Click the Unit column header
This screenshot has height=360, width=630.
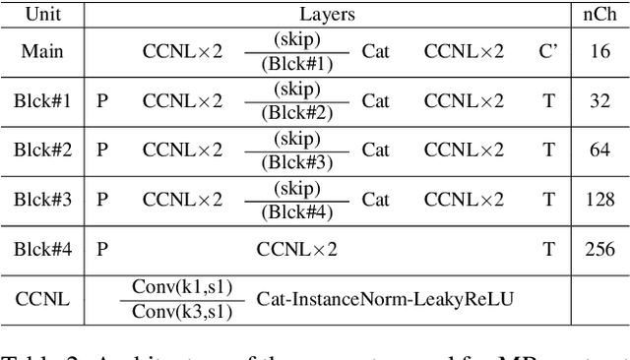tap(42, 15)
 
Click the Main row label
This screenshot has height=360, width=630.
tap(42, 51)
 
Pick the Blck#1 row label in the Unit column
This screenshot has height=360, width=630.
tap(42, 100)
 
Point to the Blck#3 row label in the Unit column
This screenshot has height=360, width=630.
tap(42, 200)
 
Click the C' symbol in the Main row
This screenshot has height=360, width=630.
tap(548, 51)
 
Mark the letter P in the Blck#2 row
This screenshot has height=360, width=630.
tap(102, 150)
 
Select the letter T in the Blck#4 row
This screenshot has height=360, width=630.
tap(548, 249)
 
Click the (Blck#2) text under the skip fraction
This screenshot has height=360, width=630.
tap(296, 113)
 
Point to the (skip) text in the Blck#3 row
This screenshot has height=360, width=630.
tap(296, 188)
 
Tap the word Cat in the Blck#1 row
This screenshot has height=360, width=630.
tap(375, 100)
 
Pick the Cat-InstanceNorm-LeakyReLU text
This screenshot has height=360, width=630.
tap(385, 298)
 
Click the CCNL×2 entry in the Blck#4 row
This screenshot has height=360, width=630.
tap(296, 249)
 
